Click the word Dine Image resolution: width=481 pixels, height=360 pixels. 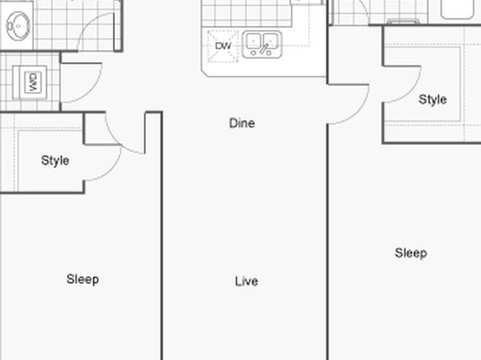pyautogui.click(x=242, y=123)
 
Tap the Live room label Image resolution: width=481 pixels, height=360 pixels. pyautogui.click(x=247, y=282)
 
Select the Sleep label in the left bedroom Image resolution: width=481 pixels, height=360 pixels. pyautogui.click(x=83, y=279)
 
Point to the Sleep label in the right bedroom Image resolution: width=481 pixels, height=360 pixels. pyautogui.click(x=411, y=253)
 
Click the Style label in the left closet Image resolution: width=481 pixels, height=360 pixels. pyautogui.click(x=55, y=161)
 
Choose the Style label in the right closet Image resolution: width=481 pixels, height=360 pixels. pyautogui.click(x=433, y=100)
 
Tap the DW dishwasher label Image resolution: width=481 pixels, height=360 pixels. pyautogui.click(x=223, y=46)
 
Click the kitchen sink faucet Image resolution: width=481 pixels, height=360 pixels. pyautogui.click(x=264, y=48)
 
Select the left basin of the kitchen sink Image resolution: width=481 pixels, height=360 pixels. pyautogui.click(x=253, y=41)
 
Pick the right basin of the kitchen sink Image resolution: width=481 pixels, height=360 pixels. pyautogui.click(x=270, y=41)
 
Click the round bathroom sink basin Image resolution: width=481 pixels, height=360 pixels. pyautogui.click(x=19, y=26)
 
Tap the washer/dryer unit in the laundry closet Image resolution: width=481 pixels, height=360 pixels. pyautogui.click(x=30, y=82)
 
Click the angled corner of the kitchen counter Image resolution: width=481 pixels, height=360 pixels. pyautogui.click(x=205, y=73)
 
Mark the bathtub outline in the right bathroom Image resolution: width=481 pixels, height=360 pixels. pyautogui.click(x=457, y=9)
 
